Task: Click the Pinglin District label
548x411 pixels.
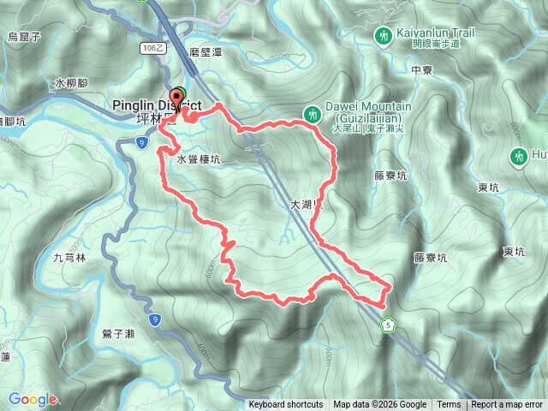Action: [x=157, y=104]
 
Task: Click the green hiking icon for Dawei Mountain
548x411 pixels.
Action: [x=313, y=113]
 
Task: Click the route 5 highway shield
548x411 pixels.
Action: [x=389, y=325]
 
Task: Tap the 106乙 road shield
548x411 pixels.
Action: [x=152, y=49]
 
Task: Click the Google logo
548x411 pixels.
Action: [x=33, y=399]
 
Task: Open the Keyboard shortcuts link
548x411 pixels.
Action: [x=286, y=405]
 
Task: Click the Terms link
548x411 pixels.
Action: [x=449, y=405]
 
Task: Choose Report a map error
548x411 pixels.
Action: [x=507, y=405]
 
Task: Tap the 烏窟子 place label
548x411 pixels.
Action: [x=24, y=36]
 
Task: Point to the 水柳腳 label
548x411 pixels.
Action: [x=70, y=83]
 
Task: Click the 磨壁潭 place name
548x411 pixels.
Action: [x=206, y=52]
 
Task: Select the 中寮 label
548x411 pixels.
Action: [x=423, y=70]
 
